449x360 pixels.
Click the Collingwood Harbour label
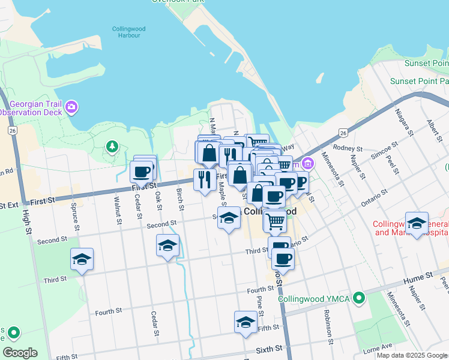pos(126,32)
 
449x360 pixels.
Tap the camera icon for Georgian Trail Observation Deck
pos(72,107)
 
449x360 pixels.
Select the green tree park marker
pos(111,146)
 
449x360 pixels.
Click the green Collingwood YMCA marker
pos(359,298)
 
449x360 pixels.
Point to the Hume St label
pos(422,275)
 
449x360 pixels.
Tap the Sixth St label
pos(270,349)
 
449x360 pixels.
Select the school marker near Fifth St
pos(245,322)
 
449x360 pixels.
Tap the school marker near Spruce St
pos(82,259)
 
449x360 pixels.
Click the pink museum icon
pos(308,163)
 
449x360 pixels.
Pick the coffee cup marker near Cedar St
pos(142,172)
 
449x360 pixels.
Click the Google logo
pos(20,352)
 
